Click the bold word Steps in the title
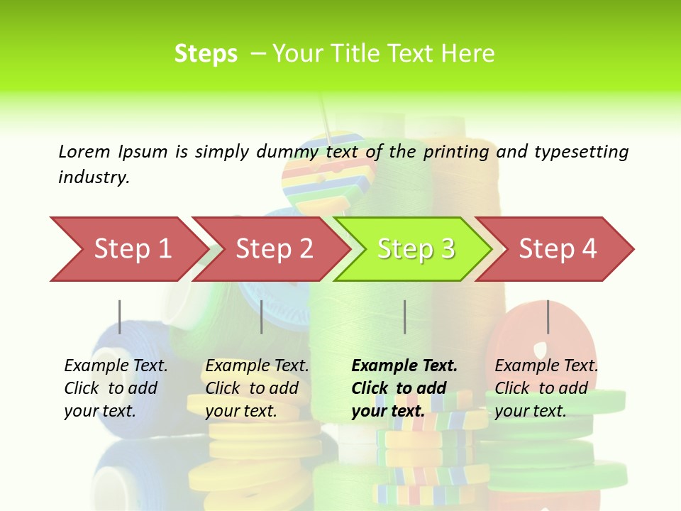(x=206, y=53)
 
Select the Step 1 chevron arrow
(x=128, y=248)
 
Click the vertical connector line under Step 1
(x=120, y=317)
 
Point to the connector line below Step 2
(x=262, y=317)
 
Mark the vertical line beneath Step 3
(x=404, y=317)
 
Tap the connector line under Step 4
(x=548, y=317)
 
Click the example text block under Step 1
(x=115, y=388)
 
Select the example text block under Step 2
(x=256, y=388)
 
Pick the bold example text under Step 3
(x=404, y=388)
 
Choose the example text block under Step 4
(x=546, y=388)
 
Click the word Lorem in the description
(x=84, y=151)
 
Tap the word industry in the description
(x=94, y=177)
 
